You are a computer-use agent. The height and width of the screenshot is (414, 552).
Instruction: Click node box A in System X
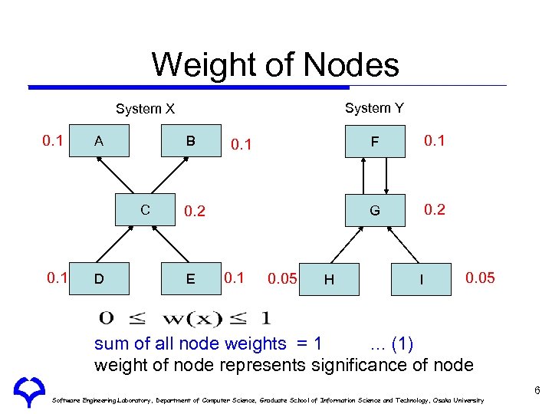coord(98,141)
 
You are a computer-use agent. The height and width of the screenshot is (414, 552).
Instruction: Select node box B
coord(191,141)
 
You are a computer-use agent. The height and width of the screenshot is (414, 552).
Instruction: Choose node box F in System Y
coord(374,141)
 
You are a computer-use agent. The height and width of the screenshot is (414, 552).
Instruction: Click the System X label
coord(145,109)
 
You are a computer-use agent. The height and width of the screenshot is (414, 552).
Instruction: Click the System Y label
coord(374,108)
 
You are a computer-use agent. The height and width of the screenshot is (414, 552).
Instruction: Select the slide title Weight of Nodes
coord(275,64)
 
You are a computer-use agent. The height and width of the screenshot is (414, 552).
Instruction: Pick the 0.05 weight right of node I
coord(481,278)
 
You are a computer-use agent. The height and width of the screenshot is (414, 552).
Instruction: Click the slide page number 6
coord(537,390)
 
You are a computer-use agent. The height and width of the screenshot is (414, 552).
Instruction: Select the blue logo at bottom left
coord(27,393)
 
